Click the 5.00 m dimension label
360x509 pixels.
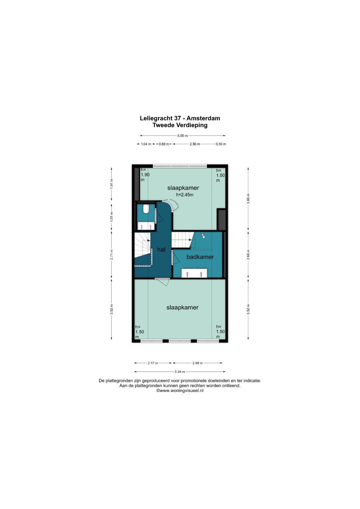coord(183,136)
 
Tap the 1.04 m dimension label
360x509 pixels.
coord(146,144)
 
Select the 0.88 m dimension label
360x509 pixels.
coord(164,144)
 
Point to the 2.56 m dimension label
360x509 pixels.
coord(195,144)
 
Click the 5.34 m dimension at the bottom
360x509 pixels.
coord(180,372)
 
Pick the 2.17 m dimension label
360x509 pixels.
coord(153,363)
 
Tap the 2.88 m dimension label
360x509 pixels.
coord(197,363)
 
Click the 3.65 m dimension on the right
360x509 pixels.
coord(248,199)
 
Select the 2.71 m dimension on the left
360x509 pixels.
coord(111,255)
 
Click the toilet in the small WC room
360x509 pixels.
coord(145,209)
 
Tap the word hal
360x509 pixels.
coord(161,250)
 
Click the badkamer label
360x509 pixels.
coord(200,257)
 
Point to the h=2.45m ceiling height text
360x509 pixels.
coord(185,195)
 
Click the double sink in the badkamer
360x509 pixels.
coord(194,273)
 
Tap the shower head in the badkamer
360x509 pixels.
coord(203,235)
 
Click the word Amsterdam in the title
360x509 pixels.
coord(203,118)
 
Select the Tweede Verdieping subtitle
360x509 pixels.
coord(180,125)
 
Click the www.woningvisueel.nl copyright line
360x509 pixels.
coord(180,391)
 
